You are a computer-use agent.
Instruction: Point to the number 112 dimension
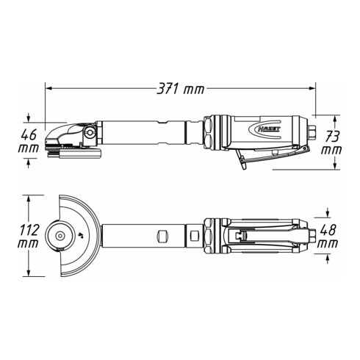click(27, 228)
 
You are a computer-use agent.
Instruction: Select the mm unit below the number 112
click(27, 242)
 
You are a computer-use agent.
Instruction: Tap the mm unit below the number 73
click(332, 149)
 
